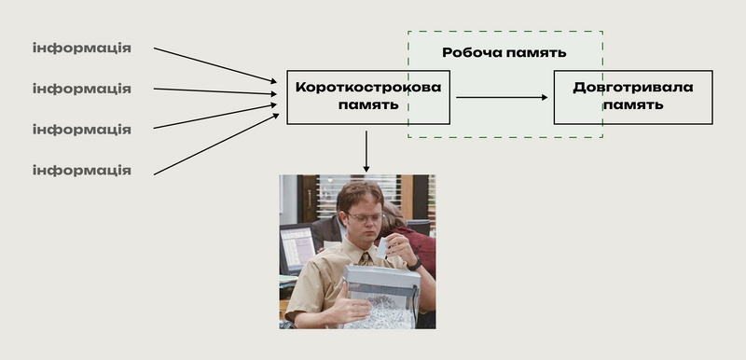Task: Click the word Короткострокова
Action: [x=368, y=88]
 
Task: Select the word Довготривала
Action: [x=633, y=88]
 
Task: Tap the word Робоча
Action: [x=472, y=52]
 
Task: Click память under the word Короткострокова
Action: [x=368, y=104]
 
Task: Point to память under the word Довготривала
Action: [x=633, y=104]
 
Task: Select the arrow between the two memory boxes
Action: [x=502, y=98]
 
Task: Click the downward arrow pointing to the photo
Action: [x=366, y=151]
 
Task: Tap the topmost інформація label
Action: [x=82, y=48]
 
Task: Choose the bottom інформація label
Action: [x=82, y=171]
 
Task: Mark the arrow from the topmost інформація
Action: [x=215, y=65]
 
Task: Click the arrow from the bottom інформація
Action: [x=216, y=145]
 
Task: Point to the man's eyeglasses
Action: [x=364, y=217]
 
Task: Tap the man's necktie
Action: [x=366, y=259]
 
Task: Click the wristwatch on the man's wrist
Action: [x=414, y=263]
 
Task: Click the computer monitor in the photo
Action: [x=297, y=247]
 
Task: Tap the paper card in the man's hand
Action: [x=383, y=248]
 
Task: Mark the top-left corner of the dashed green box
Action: [x=408, y=32]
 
